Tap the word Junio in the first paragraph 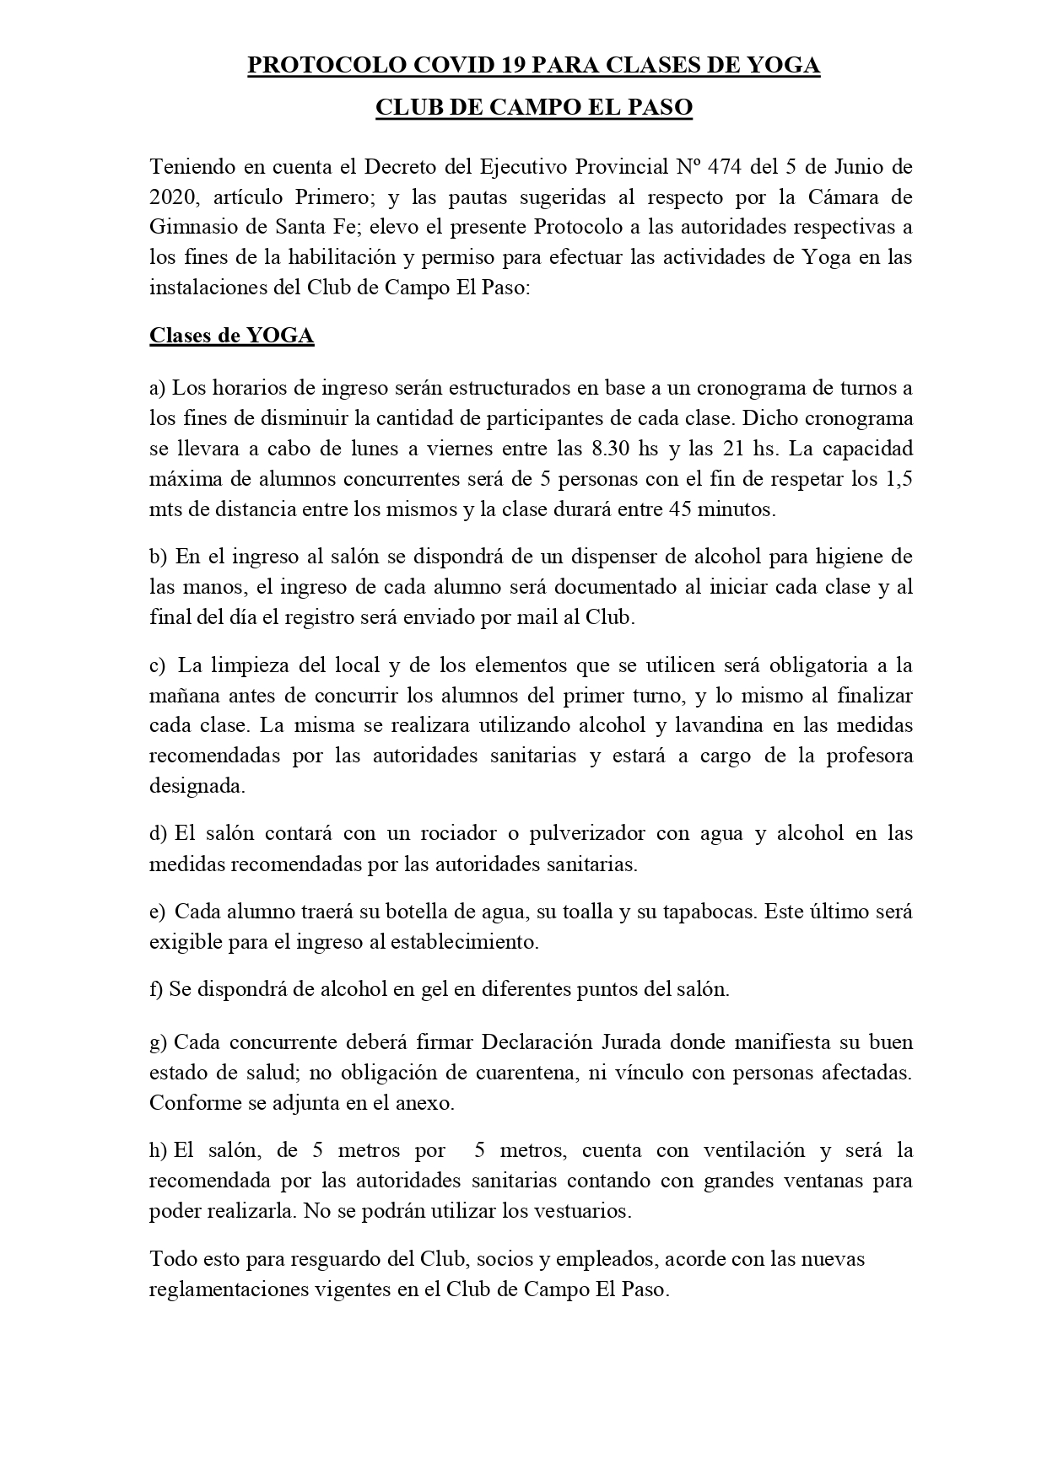click(846, 166)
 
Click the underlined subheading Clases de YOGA click(231, 336)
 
